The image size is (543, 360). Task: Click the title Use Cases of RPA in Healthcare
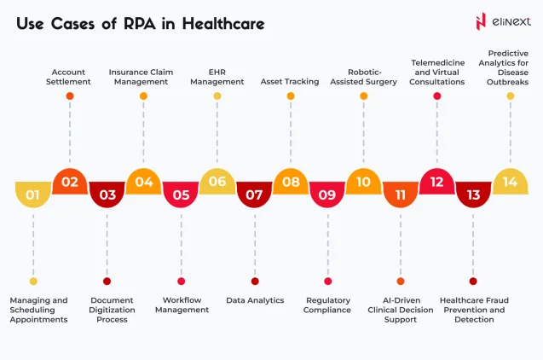[x=140, y=23]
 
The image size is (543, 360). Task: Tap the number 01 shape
[x=33, y=195]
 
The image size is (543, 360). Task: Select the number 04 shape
[x=143, y=182]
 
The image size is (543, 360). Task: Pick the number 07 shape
[x=254, y=195]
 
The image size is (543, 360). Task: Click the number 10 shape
[x=364, y=182]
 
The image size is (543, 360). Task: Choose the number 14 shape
[x=511, y=182]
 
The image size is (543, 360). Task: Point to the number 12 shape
[x=437, y=182]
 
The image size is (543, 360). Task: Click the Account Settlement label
[x=70, y=77]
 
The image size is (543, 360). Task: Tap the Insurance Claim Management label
[x=143, y=77]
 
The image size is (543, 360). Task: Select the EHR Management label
[x=217, y=77]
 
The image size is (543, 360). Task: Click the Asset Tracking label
[x=290, y=82]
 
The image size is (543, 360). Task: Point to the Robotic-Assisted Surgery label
[x=364, y=77]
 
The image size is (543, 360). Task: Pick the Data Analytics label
[x=255, y=300]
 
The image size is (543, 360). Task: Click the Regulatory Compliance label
[x=327, y=305]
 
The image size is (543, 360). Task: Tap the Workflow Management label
[x=182, y=305]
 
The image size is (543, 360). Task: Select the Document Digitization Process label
[x=107, y=310]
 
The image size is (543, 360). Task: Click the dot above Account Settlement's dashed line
[x=70, y=96]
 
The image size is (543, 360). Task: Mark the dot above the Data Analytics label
[x=255, y=281]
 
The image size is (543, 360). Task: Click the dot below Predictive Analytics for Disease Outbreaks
[x=511, y=96]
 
